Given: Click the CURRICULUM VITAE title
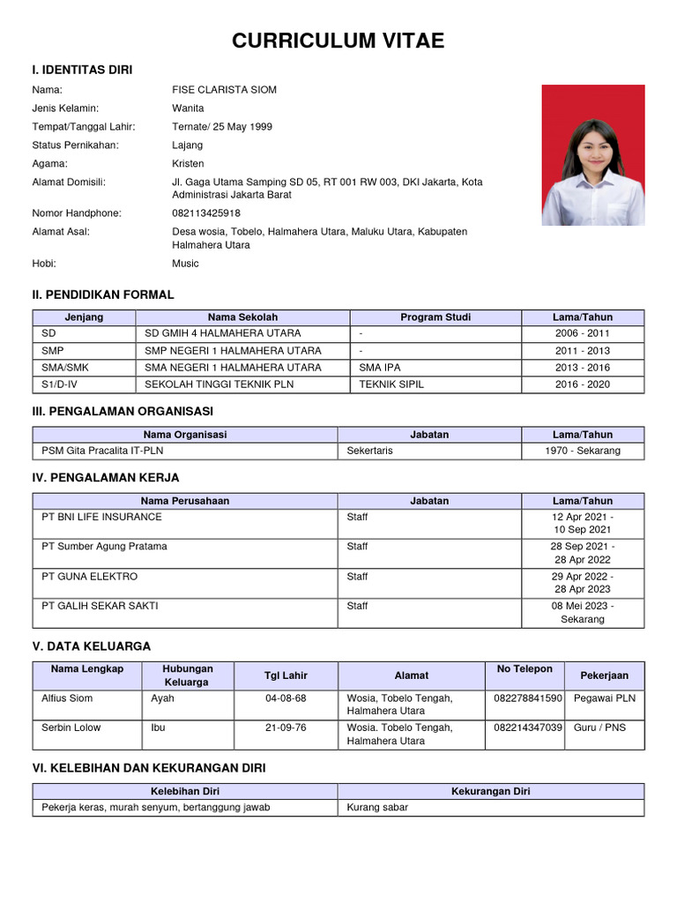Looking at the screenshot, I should click(x=338, y=41).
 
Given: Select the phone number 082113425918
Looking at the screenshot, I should click(x=206, y=213).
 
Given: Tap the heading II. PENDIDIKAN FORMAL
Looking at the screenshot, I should click(x=103, y=295).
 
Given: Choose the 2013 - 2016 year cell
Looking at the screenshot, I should click(x=583, y=368).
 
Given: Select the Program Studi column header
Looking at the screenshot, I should click(x=435, y=317).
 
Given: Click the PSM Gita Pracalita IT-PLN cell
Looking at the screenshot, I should click(x=102, y=451).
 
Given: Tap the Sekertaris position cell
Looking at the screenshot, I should click(x=370, y=451).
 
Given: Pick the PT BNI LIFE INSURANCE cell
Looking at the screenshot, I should click(x=102, y=517).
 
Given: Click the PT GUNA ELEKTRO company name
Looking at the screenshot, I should click(x=90, y=577).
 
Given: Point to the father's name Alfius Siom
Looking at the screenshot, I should click(x=67, y=698).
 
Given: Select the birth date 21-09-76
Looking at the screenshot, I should click(x=286, y=728).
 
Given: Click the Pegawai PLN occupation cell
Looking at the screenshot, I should click(x=604, y=698).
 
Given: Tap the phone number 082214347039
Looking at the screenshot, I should click(x=528, y=728).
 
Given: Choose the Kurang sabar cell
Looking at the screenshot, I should click(x=377, y=807).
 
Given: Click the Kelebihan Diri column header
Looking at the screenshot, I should click(x=185, y=791).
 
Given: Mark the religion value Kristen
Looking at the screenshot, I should click(x=188, y=164).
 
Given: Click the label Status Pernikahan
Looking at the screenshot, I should click(x=75, y=146).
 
